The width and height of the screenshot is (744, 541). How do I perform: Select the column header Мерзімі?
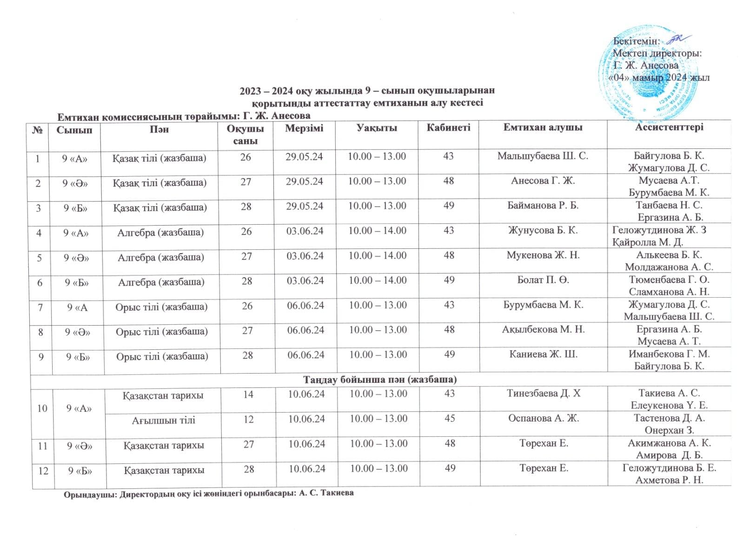(x=305, y=128)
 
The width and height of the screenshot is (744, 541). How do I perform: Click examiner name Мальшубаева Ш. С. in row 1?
(x=543, y=156)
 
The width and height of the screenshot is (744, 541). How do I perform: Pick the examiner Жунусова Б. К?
(x=543, y=230)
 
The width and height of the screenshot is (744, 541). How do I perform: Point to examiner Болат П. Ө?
(x=543, y=280)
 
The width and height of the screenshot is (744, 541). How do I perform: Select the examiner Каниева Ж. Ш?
(x=543, y=354)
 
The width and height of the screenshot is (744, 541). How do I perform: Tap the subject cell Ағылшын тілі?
(x=163, y=420)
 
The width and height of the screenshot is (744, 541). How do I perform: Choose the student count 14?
(x=248, y=394)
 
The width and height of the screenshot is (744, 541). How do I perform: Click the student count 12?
(x=248, y=419)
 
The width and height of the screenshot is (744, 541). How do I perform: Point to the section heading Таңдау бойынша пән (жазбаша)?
(x=380, y=380)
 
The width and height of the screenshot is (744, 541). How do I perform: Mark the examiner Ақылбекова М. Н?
(x=543, y=329)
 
